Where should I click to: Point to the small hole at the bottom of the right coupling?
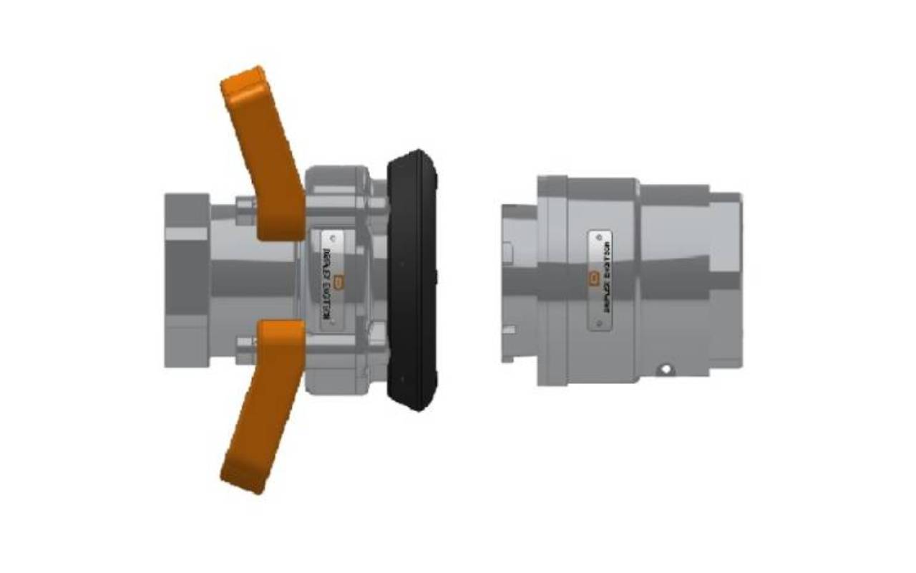(666, 370)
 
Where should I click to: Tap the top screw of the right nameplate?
(600, 238)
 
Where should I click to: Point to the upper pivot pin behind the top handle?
(245, 205)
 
